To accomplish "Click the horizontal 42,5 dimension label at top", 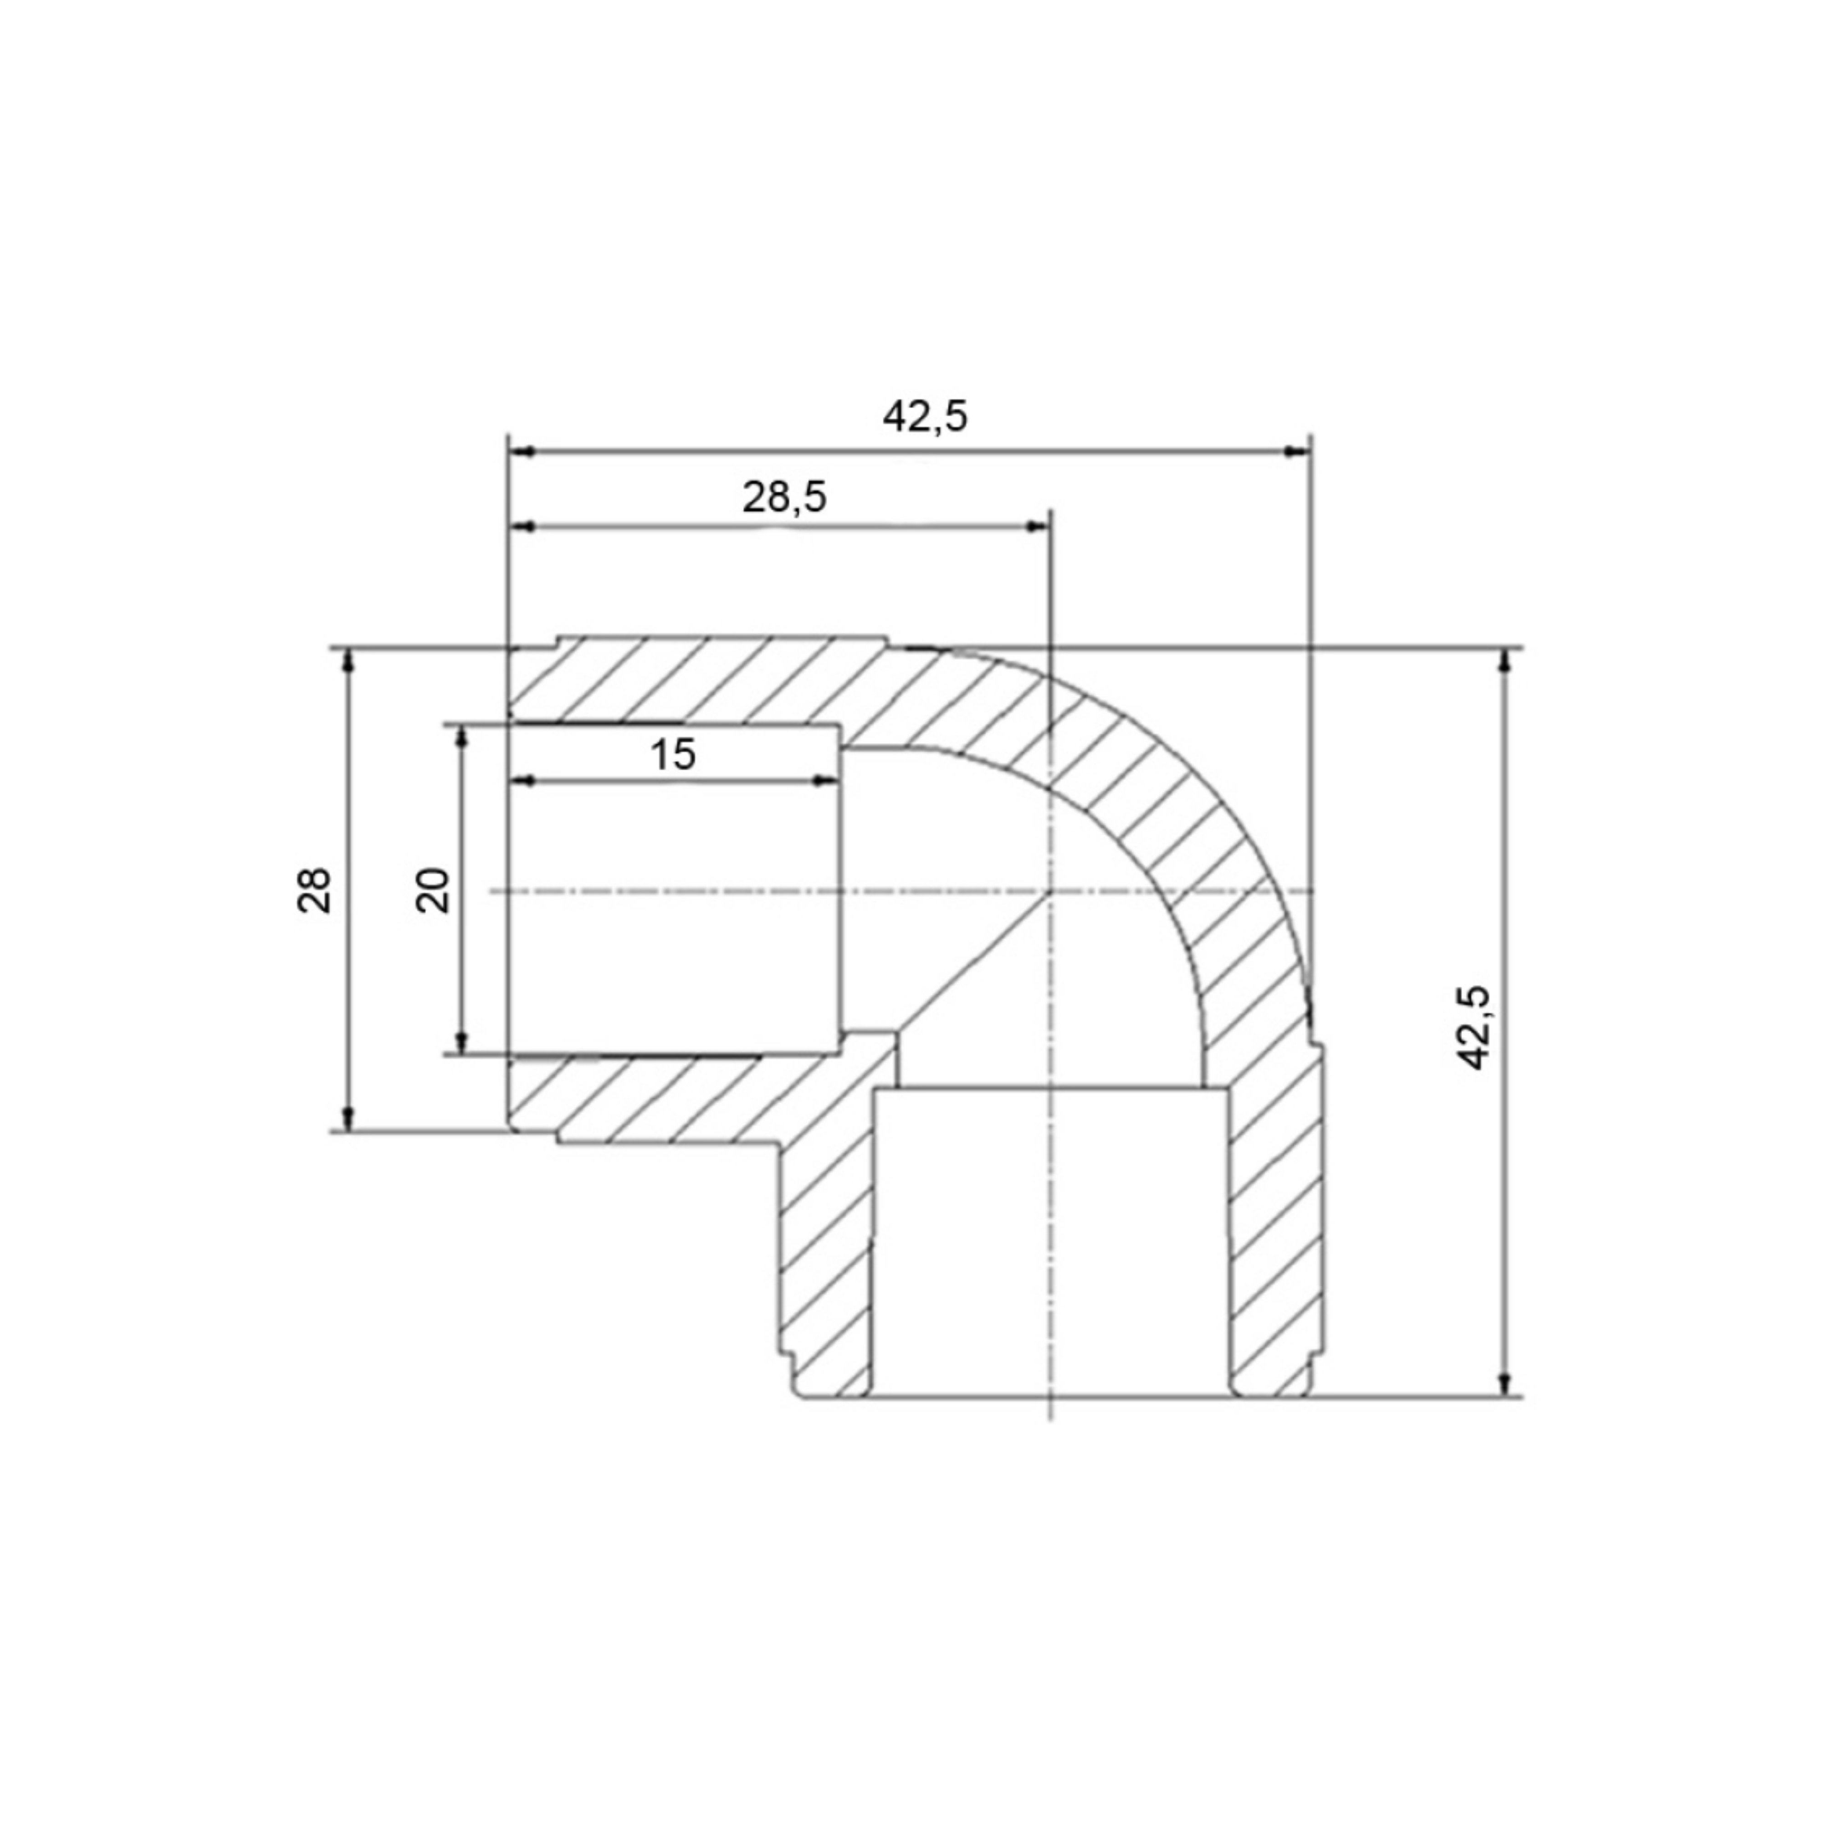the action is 925,416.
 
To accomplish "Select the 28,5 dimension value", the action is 785,497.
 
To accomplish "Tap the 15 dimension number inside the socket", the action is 673,754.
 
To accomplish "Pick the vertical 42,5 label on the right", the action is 1474,1028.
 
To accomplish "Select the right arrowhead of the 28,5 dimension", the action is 1037,526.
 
